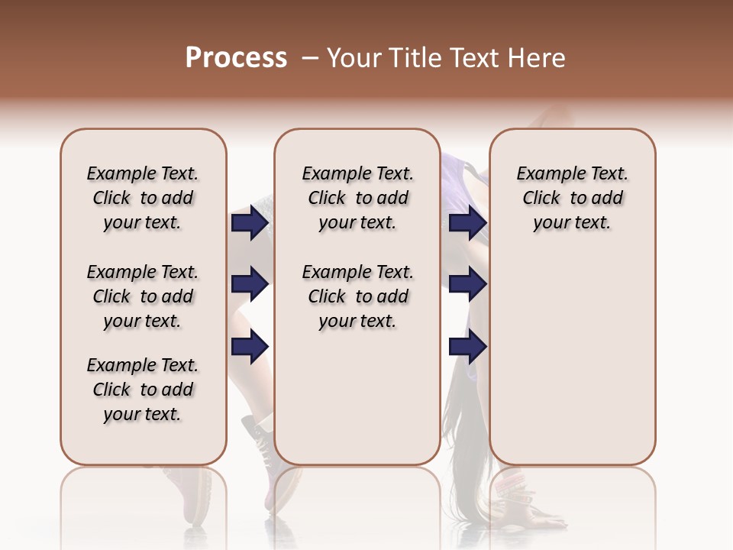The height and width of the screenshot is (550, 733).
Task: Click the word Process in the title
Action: pyautogui.click(x=236, y=58)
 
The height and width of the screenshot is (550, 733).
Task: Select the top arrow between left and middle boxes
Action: pyautogui.click(x=250, y=223)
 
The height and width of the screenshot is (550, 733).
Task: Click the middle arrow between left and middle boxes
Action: pyautogui.click(x=250, y=285)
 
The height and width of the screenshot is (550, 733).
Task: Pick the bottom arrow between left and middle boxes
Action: pyautogui.click(x=250, y=347)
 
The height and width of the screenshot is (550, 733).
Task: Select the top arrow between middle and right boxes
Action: pyautogui.click(x=467, y=223)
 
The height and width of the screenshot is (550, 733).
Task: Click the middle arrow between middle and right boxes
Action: pyautogui.click(x=467, y=285)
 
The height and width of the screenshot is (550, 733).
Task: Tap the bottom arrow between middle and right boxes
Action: pyautogui.click(x=467, y=347)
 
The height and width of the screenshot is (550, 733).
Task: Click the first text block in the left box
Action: pyautogui.click(x=143, y=198)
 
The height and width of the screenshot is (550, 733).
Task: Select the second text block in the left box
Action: pyautogui.click(x=143, y=296)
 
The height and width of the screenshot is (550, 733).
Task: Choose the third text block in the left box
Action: pyautogui.click(x=143, y=390)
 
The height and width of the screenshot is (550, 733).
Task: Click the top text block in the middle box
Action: pyautogui.click(x=357, y=198)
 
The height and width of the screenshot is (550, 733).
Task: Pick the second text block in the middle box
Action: pyautogui.click(x=357, y=296)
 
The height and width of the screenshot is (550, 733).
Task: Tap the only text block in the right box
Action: pyautogui.click(x=572, y=198)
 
